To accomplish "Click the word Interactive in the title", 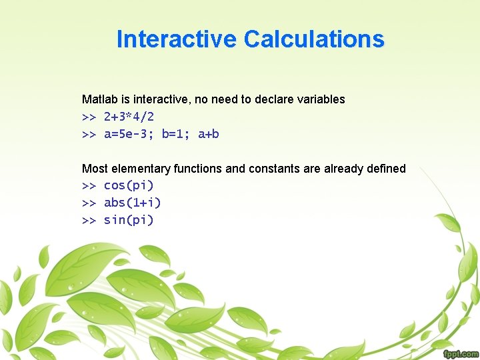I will tap(177, 39).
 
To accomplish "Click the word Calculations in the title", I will tap(314, 39).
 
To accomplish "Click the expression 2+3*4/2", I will tap(129, 117).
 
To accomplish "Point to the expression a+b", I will tap(209, 134).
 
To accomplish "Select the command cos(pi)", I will tap(129, 185).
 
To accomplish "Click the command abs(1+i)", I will tap(132, 203).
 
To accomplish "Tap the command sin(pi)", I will tap(129, 220).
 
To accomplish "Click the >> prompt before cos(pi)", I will tap(89, 185).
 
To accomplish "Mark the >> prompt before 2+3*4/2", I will tap(89, 117).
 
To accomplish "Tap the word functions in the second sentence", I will tap(198, 169).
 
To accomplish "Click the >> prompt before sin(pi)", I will tap(89, 220).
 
